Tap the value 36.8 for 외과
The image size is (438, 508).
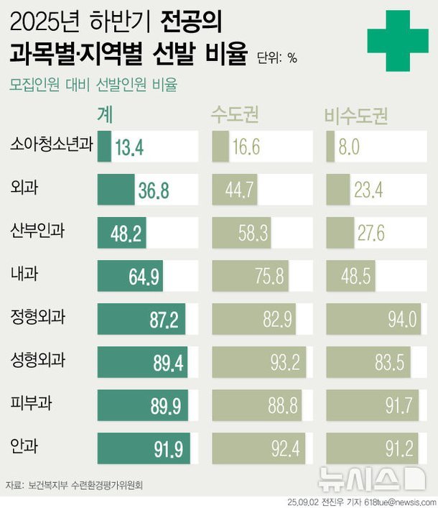154,190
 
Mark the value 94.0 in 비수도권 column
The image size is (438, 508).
401,319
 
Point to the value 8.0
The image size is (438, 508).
349,148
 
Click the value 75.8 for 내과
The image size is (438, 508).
269,276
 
